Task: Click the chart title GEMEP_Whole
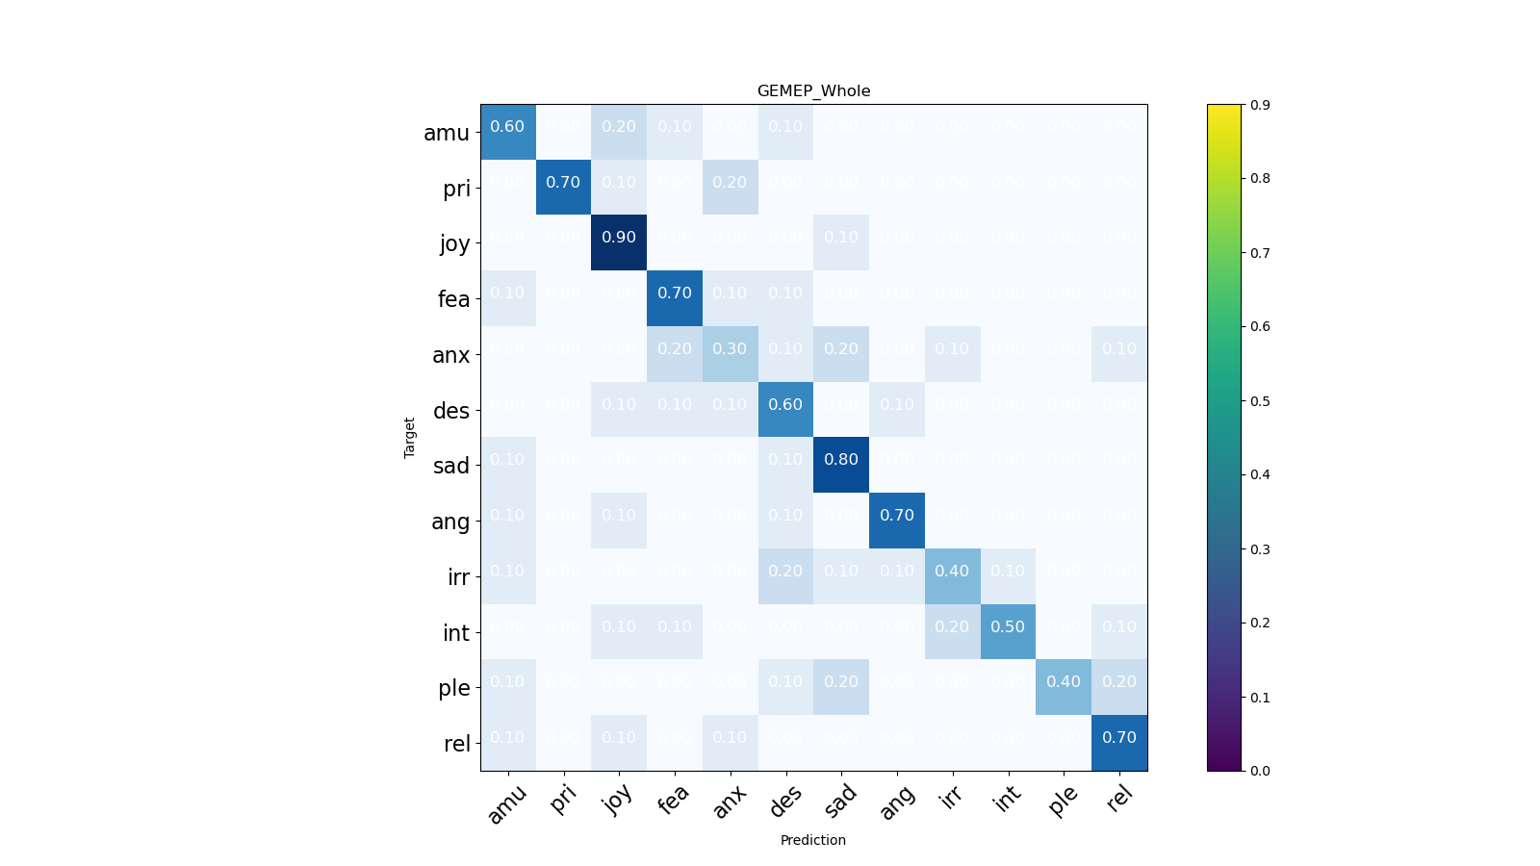click(813, 91)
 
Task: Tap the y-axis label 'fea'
click(453, 299)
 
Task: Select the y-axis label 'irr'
click(458, 577)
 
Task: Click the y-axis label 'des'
click(451, 411)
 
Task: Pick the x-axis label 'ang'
click(897, 802)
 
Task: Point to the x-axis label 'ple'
click(1064, 800)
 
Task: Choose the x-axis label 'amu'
click(506, 804)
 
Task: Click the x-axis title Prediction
click(813, 840)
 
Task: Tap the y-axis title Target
click(410, 438)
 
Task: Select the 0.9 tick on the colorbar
click(1260, 105)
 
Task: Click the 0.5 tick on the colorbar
click(1260, 401)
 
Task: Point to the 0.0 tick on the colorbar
click(1260, 771)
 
